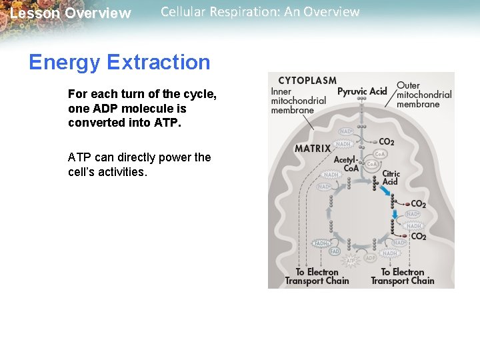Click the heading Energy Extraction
[x=119, y=62]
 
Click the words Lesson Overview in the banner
[x=71, y=13]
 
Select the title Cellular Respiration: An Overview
[x=260, y=12]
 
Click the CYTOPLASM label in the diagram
[x=307, y=81]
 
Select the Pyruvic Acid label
[x=362, y=91]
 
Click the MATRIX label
[x=313, y=148]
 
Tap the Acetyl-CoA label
[x=346, y=164]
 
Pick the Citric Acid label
[x=391, y=177]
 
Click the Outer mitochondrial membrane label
[x=424, y=95]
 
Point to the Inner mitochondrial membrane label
[x=298, y=101]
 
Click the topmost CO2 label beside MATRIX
[x=385, y=142]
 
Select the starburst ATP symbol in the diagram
[x=351, y=260]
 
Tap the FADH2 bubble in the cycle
[x=322, y=244]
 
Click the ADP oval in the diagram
[x=371, y=258]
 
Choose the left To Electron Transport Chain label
[x=317, y=277]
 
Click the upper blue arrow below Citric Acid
[x=386, y=191]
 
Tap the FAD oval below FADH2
[x=335, y=252]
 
